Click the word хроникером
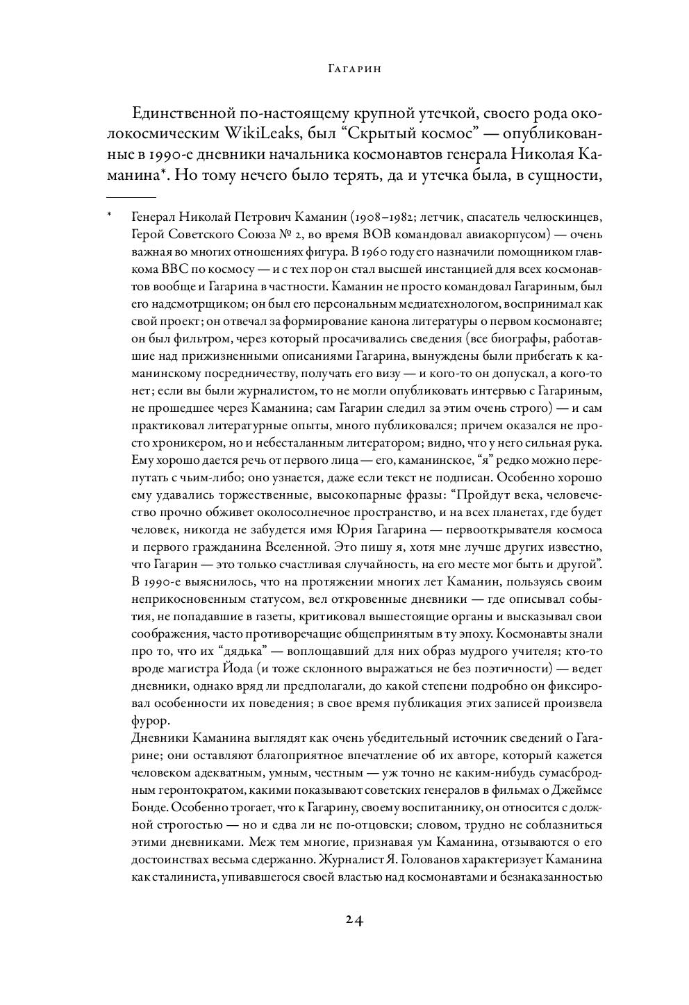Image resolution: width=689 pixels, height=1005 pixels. pos(193,442)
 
